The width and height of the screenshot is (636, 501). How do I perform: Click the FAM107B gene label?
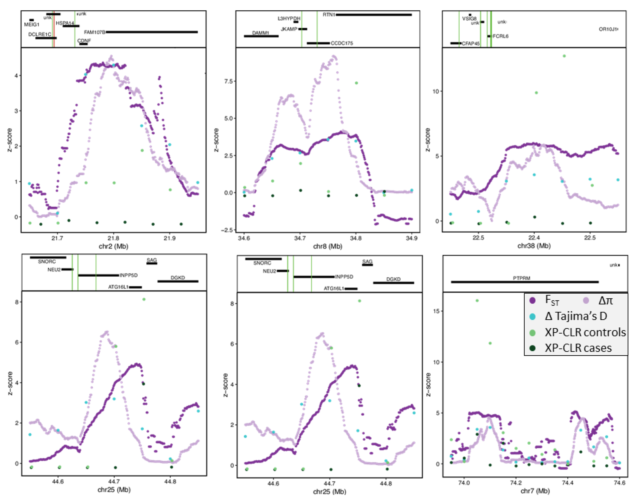(94, 32)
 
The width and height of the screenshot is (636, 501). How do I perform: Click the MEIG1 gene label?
(32, 25)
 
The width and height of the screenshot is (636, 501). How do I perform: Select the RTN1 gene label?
(329, 15)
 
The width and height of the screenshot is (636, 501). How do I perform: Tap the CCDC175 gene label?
(342, 43)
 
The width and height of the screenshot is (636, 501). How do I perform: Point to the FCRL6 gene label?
(500, 36)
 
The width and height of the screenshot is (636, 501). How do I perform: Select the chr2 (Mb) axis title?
(113, 246)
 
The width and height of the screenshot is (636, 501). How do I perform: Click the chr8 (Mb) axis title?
(327, 246)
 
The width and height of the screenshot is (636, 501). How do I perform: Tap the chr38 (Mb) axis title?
(534, 246)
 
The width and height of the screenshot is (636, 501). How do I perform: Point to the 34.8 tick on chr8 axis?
(356, 238)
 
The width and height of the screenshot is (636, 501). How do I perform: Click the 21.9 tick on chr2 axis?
(170, 238)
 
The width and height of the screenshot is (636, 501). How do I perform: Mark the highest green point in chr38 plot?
(564, 56)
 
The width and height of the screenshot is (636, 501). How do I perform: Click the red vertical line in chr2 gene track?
(54, 29)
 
